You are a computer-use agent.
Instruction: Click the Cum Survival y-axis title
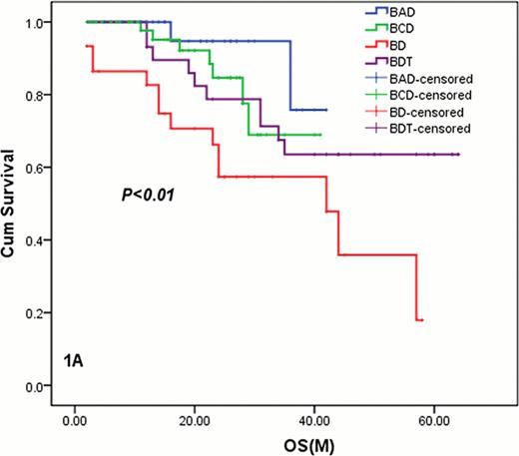pyautogui.click(x=14, y=208)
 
